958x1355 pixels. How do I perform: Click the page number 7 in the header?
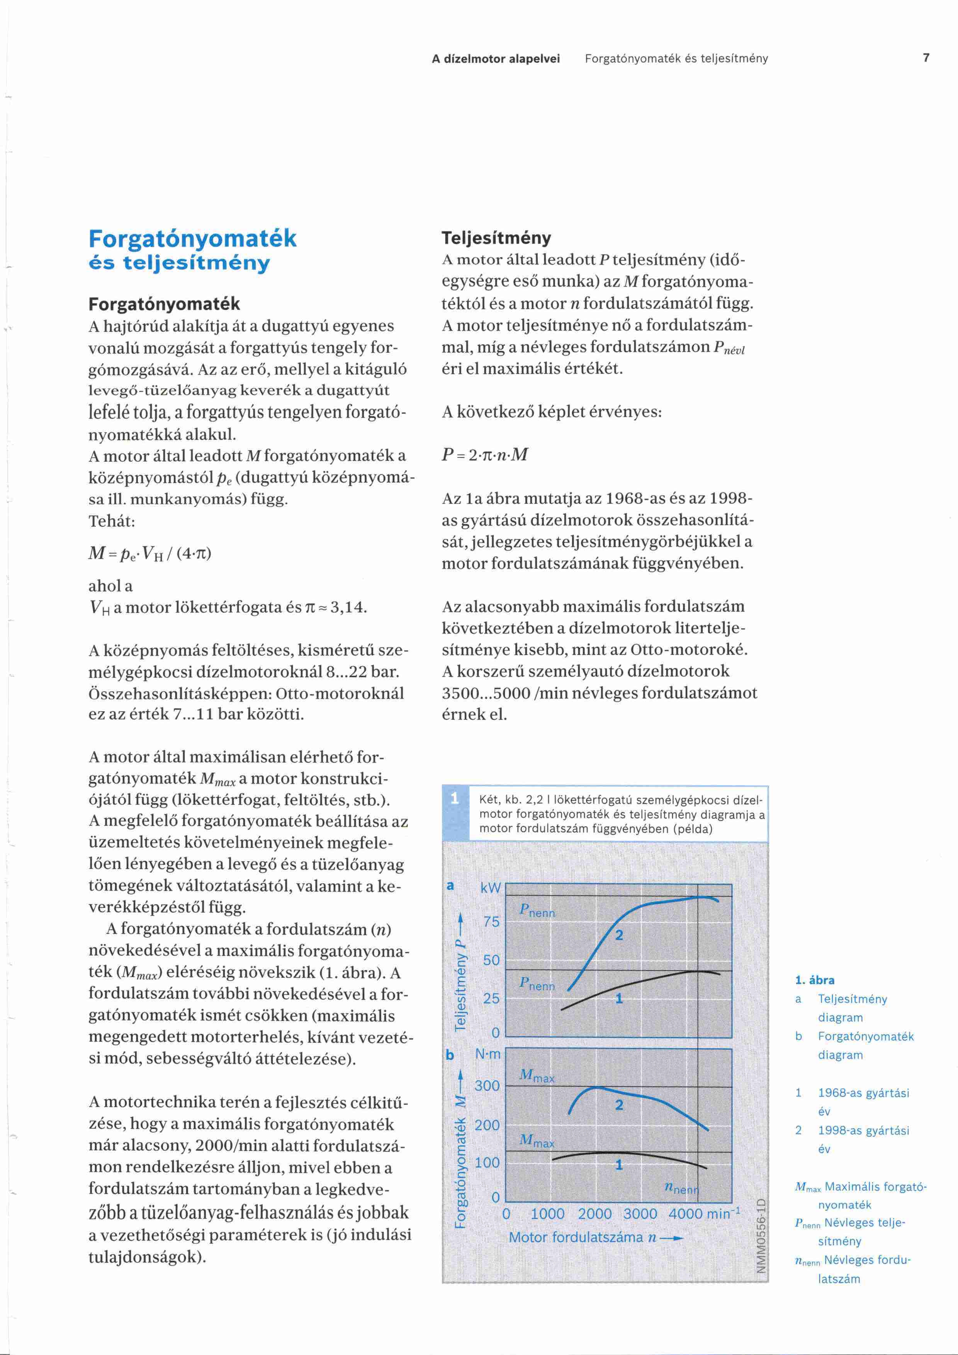[x=926, y=58]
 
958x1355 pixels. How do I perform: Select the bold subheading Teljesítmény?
[x=497, y=238]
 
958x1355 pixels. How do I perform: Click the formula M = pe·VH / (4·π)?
[x=150, y=553]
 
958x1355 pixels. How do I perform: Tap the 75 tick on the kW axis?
[x=491, y=922]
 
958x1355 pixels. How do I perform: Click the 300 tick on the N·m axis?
[x=487, y=1086]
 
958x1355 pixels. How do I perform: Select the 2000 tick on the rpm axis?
[x=595, y=1214]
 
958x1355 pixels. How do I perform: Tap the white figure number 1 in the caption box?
[x=455, y=799]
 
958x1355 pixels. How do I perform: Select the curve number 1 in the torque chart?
[x=619, y=1165]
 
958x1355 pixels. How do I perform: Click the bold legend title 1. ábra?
[x=815, y=980]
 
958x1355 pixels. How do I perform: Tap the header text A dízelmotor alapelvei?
[x=496, y=58]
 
